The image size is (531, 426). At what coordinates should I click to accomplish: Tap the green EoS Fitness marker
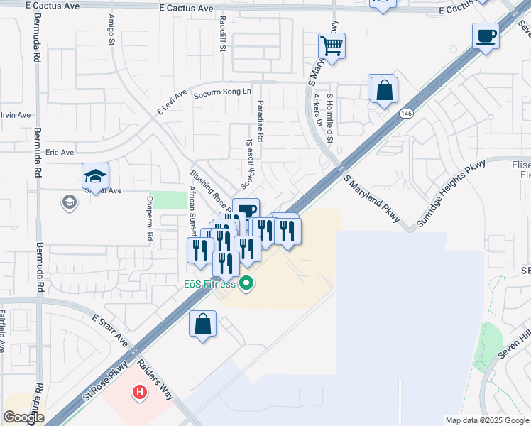point(247,285)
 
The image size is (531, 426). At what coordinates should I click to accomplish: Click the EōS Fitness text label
point(205,285)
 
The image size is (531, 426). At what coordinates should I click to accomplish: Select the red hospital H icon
point(141,391)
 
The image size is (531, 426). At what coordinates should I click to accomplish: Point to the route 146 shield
point(406,114)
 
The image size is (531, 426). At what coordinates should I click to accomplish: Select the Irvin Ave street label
point(15,114)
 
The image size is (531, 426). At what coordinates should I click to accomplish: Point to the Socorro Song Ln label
point(223,92)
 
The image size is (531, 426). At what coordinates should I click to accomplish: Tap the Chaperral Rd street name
point(150,219)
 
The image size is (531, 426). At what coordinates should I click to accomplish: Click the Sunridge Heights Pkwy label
point(451,193)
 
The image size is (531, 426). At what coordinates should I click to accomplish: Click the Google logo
point(24,417)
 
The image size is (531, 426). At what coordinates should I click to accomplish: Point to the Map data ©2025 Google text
point(487,420)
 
